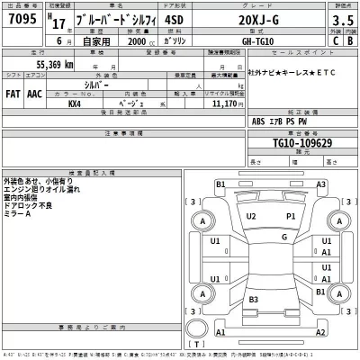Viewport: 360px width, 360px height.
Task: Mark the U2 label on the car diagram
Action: tap(252, 217)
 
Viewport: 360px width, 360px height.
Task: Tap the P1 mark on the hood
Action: tap(291, 217)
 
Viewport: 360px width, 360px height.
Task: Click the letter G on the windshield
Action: tap(283, 237)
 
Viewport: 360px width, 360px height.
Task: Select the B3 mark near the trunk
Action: tap(255, 299)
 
